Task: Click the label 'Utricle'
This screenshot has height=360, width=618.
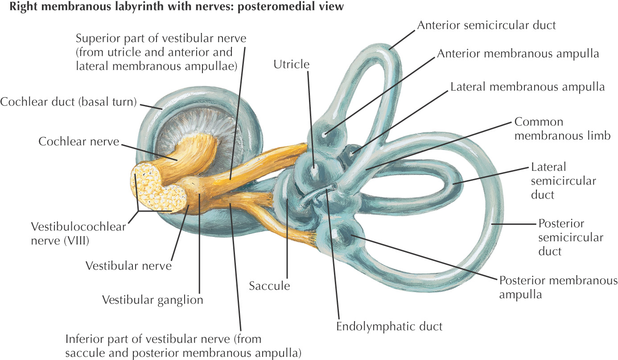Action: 292,64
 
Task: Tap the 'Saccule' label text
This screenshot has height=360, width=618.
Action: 269,286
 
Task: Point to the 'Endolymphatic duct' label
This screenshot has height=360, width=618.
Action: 389,326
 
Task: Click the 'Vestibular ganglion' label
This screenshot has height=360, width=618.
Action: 152,299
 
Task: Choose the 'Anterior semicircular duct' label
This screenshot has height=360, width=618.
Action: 486,25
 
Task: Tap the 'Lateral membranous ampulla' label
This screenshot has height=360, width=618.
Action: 527,87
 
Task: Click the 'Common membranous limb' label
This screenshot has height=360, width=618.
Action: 562,129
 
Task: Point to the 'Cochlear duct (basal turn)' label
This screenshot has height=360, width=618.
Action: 68,102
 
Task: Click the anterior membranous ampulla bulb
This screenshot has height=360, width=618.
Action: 328,132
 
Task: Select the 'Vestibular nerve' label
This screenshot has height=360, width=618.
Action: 128,265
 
